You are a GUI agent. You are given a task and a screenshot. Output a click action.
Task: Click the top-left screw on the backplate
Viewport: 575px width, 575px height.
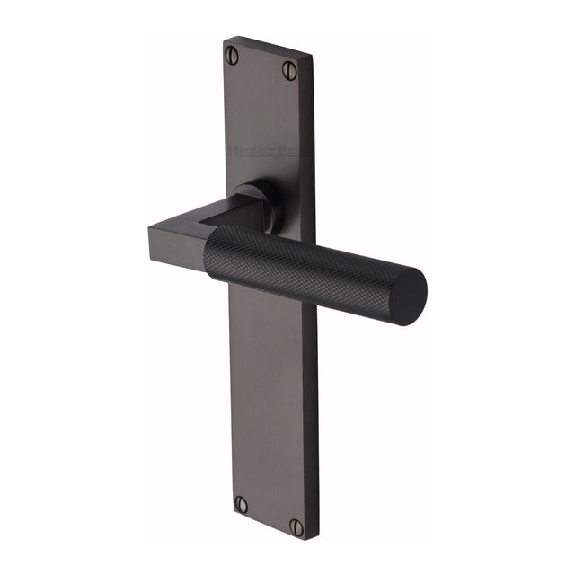click(x=233, y=55)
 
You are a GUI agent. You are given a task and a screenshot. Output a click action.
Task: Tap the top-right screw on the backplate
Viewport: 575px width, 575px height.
click(x=289, y=69)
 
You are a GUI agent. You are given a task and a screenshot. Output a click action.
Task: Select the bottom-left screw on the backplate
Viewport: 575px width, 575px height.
click(x=241, y=504)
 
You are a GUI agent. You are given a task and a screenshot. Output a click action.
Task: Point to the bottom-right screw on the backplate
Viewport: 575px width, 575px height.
click(x=296, y=526)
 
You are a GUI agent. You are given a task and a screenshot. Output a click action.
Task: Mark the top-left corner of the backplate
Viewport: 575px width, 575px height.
click(x=225, y=38)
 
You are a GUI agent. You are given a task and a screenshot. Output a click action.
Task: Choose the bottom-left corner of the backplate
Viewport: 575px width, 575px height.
click(x=230, y=513)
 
